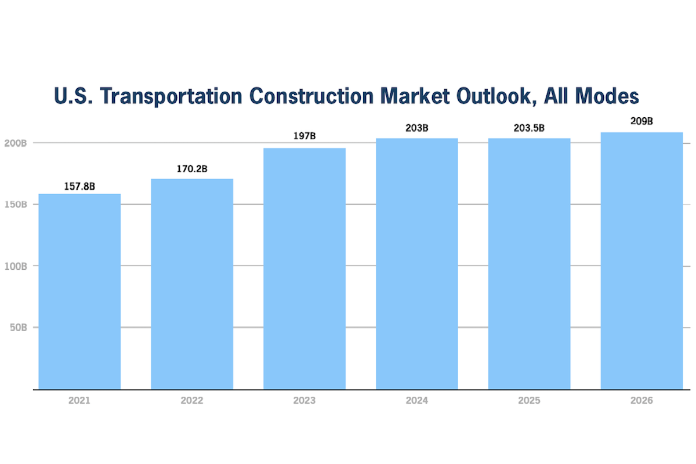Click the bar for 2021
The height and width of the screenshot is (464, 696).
point(79,291)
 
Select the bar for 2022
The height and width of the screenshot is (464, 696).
point(192,284)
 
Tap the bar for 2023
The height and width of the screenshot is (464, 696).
point(304,269)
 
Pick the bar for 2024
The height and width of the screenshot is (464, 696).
point(416,263)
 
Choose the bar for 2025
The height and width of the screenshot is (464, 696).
point(529,263)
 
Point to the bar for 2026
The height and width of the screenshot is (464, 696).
point(641,260)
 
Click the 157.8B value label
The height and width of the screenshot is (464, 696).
point(79,187)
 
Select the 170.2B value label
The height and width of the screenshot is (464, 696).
point(192,169)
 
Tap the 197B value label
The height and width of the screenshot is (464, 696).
point(304,136)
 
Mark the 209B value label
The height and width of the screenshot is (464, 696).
point(641,122)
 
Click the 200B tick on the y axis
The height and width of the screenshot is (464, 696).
point(16,143)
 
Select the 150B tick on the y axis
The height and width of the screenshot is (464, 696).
point(16,205)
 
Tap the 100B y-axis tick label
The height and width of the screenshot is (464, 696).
point(16,266)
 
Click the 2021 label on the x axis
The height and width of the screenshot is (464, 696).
point(79,401)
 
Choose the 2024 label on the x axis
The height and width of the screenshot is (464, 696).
point(416,401)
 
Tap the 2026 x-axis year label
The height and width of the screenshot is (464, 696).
point(641,401)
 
